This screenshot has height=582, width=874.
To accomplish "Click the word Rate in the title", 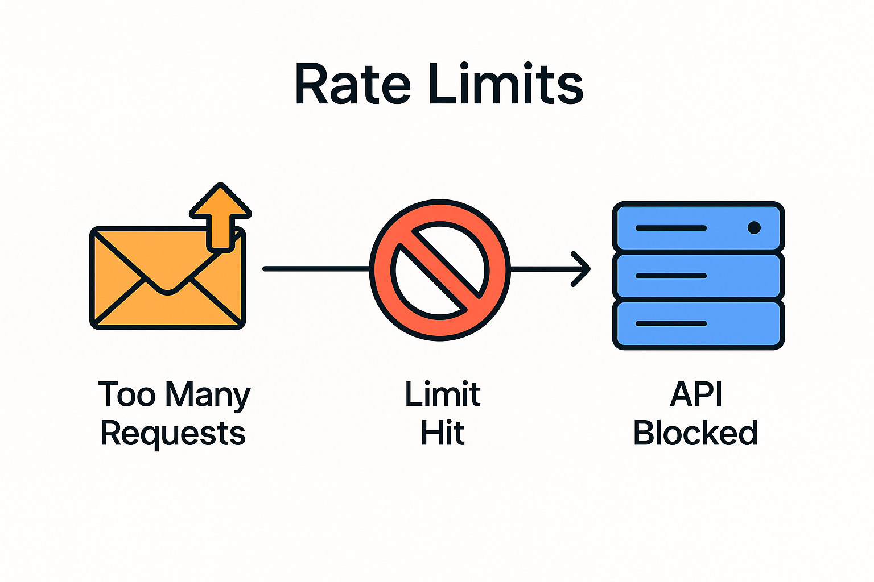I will [x=352, y=84].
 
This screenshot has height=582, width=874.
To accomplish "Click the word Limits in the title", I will [x=505, y=84].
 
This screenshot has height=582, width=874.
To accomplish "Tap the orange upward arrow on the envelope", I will [x=220, y=216].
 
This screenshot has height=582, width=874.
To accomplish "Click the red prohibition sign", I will [x=440, y=269].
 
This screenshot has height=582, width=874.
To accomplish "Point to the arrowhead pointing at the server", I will [x=582, y=269].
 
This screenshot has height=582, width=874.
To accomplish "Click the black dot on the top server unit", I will [x=754, y=228].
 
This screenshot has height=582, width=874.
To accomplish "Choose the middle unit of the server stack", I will [x=698, y=276].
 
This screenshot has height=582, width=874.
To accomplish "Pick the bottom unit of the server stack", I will [x=698, y=324].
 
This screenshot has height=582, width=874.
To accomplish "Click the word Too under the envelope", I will [x=127, y=394].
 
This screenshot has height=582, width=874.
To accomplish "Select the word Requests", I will [x=173, y=434].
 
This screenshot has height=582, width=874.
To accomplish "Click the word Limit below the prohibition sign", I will [x=443, y=394].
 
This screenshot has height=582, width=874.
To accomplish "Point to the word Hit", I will [x=443, y=433].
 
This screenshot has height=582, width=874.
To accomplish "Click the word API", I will [x=696, y=394].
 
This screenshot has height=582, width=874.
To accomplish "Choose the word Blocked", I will [x=695, y=433].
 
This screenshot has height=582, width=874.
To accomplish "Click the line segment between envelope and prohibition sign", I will [x=316, y=269].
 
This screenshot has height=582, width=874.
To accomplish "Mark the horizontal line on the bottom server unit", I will [x=671, y=324].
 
